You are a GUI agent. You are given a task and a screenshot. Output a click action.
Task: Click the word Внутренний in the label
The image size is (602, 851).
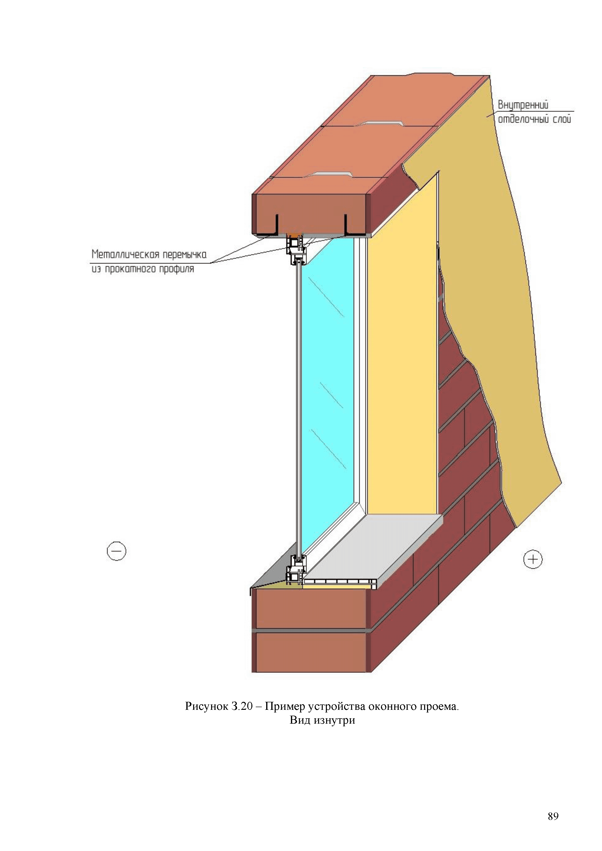[523, 105]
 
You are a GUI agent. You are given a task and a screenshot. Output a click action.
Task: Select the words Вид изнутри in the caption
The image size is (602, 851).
[322, 720]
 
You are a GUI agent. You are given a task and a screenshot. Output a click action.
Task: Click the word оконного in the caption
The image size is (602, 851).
[392, 706]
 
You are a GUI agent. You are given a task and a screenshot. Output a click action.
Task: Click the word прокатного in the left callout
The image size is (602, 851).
[130, 269]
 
